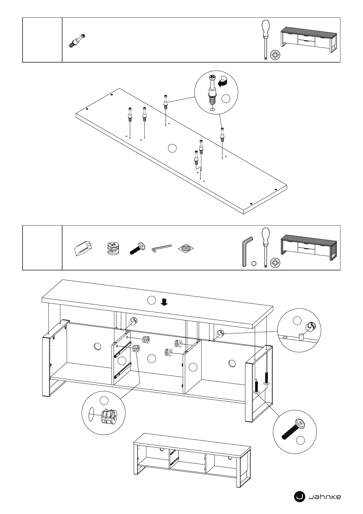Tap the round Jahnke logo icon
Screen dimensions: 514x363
coord(299,497)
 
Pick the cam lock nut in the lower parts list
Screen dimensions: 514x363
coord(113,248)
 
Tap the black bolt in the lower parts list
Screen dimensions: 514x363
coord(138,248)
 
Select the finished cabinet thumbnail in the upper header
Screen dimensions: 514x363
coord(308,40)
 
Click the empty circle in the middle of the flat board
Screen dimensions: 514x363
coord(172,148)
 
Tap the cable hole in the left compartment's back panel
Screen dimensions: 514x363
coord(98,346)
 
